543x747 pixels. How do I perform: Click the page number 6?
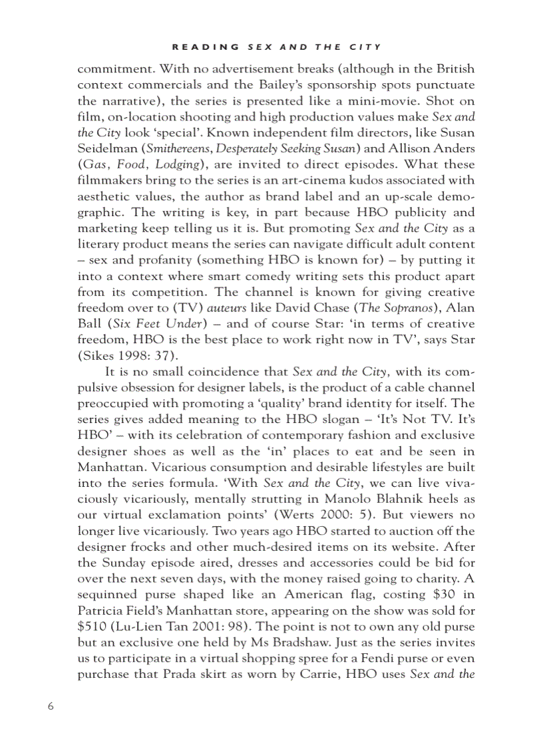50,706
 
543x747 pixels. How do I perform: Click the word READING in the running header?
206,47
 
